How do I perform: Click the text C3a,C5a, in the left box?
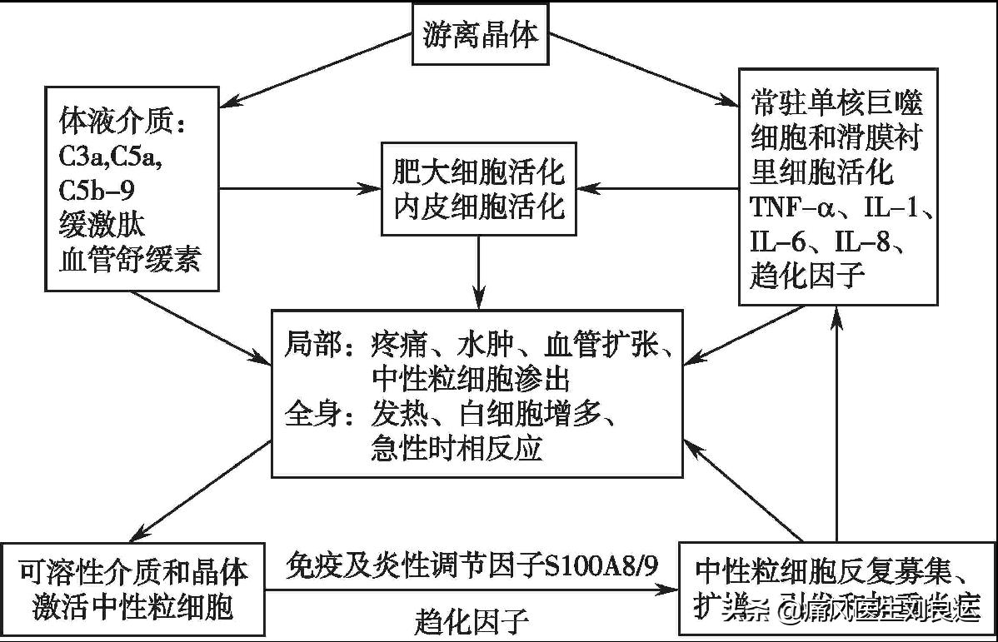110,157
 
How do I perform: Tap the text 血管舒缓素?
129,260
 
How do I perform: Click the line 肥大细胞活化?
478,172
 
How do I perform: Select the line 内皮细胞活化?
478,206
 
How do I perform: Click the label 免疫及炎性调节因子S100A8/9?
472,566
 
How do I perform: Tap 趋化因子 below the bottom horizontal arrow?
472,621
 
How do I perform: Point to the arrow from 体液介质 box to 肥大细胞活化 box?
300,187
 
